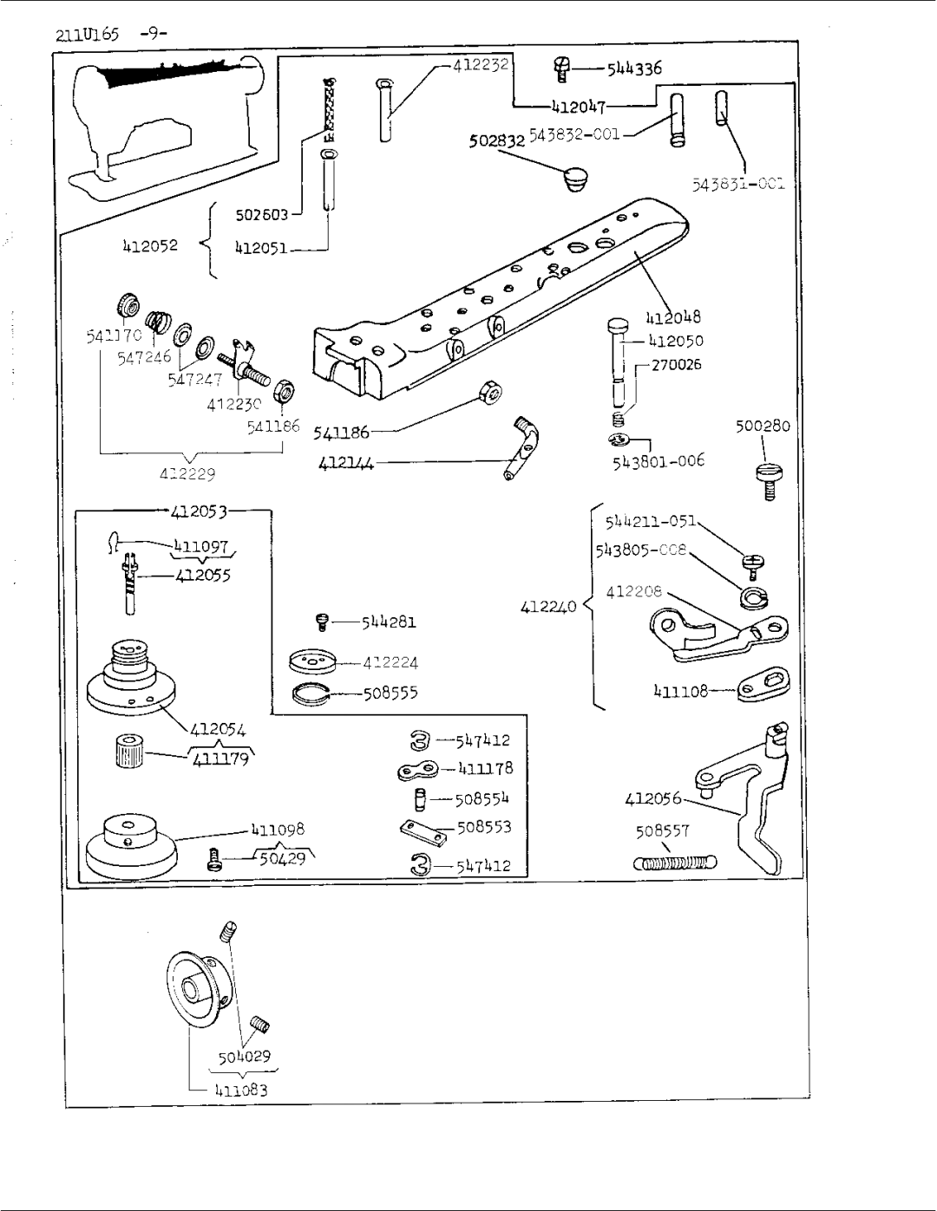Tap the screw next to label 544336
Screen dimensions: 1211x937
561,69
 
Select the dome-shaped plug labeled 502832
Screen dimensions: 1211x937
572,180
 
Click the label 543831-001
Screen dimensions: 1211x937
737,183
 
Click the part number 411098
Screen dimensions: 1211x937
278,830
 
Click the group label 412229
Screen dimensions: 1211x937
187,474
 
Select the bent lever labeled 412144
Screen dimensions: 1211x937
521,446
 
